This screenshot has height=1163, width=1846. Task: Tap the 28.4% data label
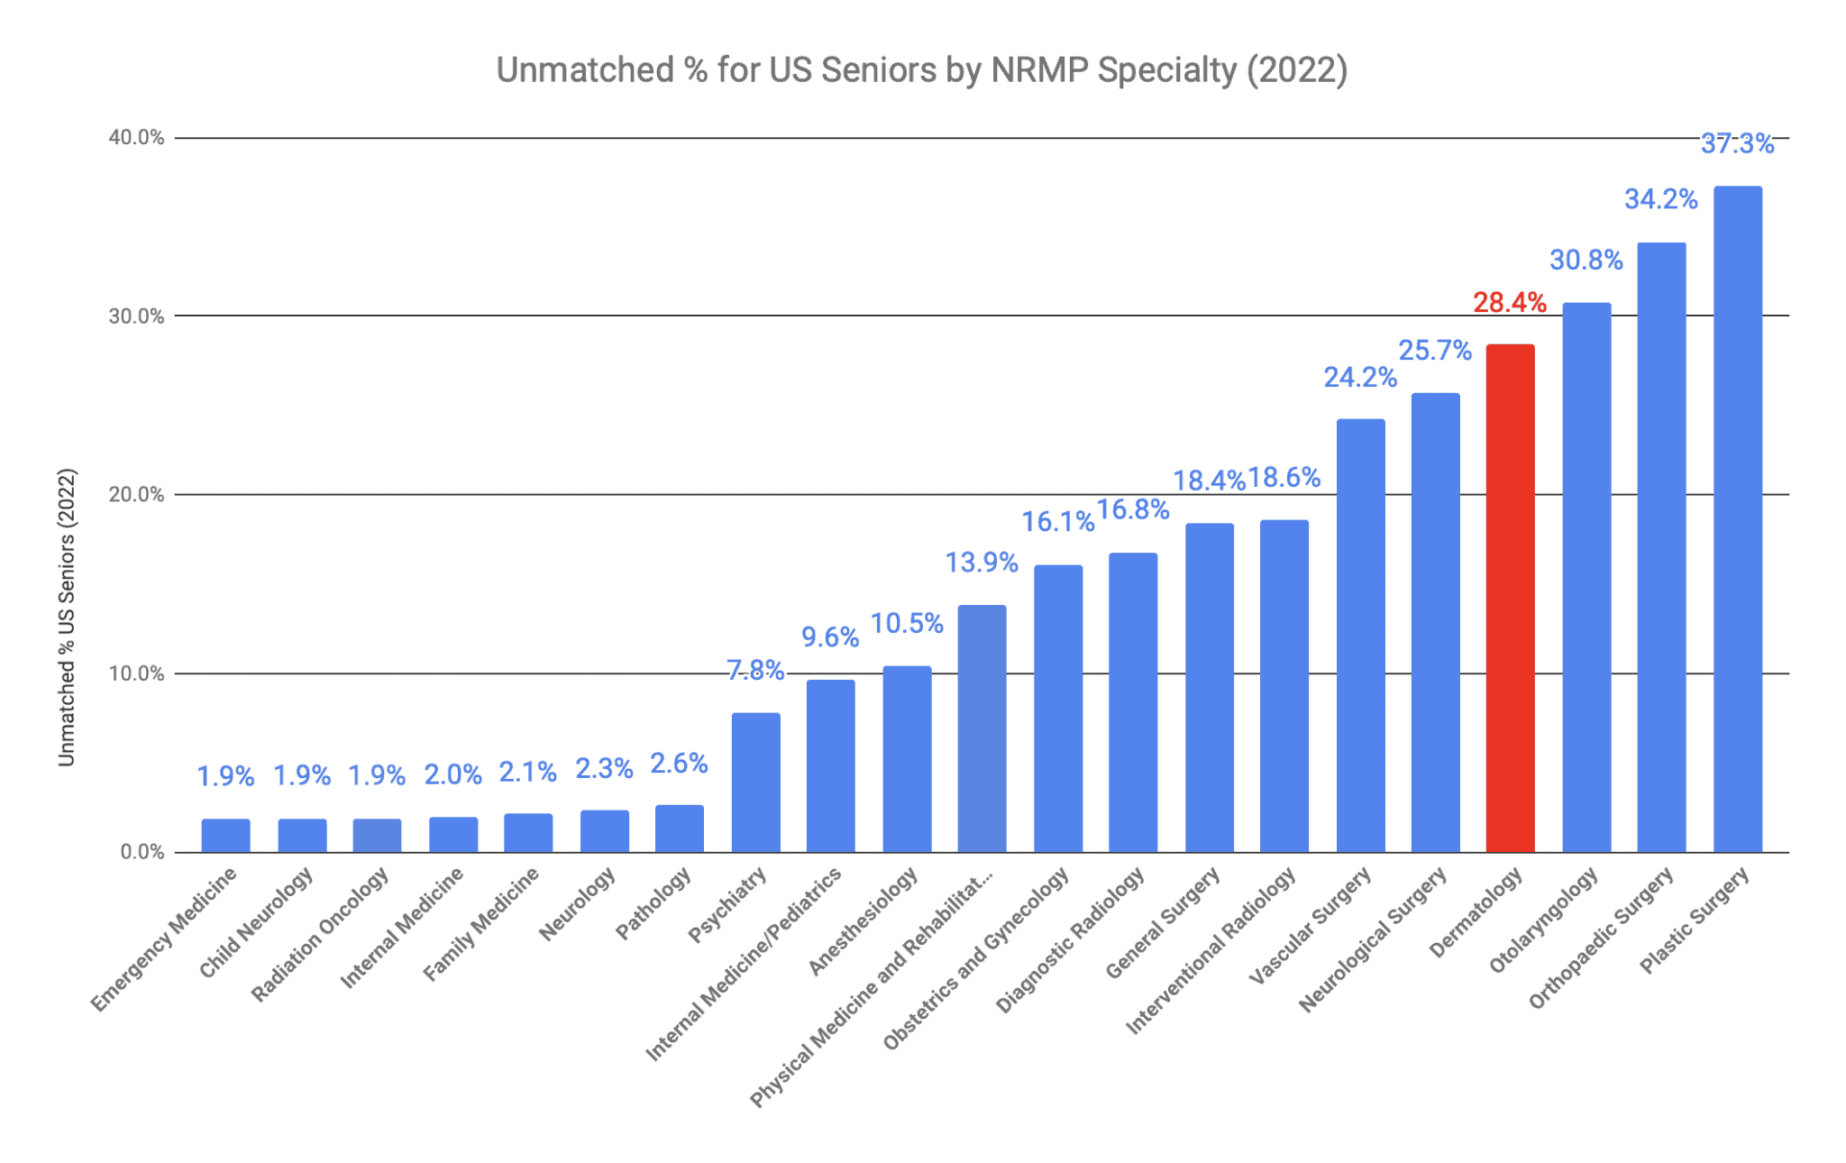click(x=1510, y=303)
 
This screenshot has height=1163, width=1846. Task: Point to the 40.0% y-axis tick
click(x=137, y=138)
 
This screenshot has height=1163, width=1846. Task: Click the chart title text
click(x=921, y=70)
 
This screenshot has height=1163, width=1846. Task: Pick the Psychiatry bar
click(x=755, y=782)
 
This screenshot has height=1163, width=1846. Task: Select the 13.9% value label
click(x=981, y=563)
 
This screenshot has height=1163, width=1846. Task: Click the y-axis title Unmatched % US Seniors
click(x=67, y=618)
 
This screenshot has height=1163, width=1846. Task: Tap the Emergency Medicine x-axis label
click(x=164, y=939)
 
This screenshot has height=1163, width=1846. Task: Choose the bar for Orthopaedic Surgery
click(x=1661, y=547)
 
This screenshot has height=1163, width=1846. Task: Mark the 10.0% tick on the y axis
click(x=137, y=673)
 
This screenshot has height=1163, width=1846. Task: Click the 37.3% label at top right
click(x=1737, y=144)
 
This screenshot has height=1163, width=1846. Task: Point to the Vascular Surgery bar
click(x=1360, y=636)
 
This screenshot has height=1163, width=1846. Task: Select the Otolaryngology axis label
click(x=1543, y=920)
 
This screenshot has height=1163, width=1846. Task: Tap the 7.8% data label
click(x=755, y=671)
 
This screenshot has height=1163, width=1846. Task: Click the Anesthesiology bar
click(x=907, y=758)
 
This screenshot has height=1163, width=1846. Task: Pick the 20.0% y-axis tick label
click(x=137, y=495)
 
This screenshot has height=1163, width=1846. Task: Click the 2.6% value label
click(x=679, y=765)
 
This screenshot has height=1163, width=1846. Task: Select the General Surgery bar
click(x=1209, y=687)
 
